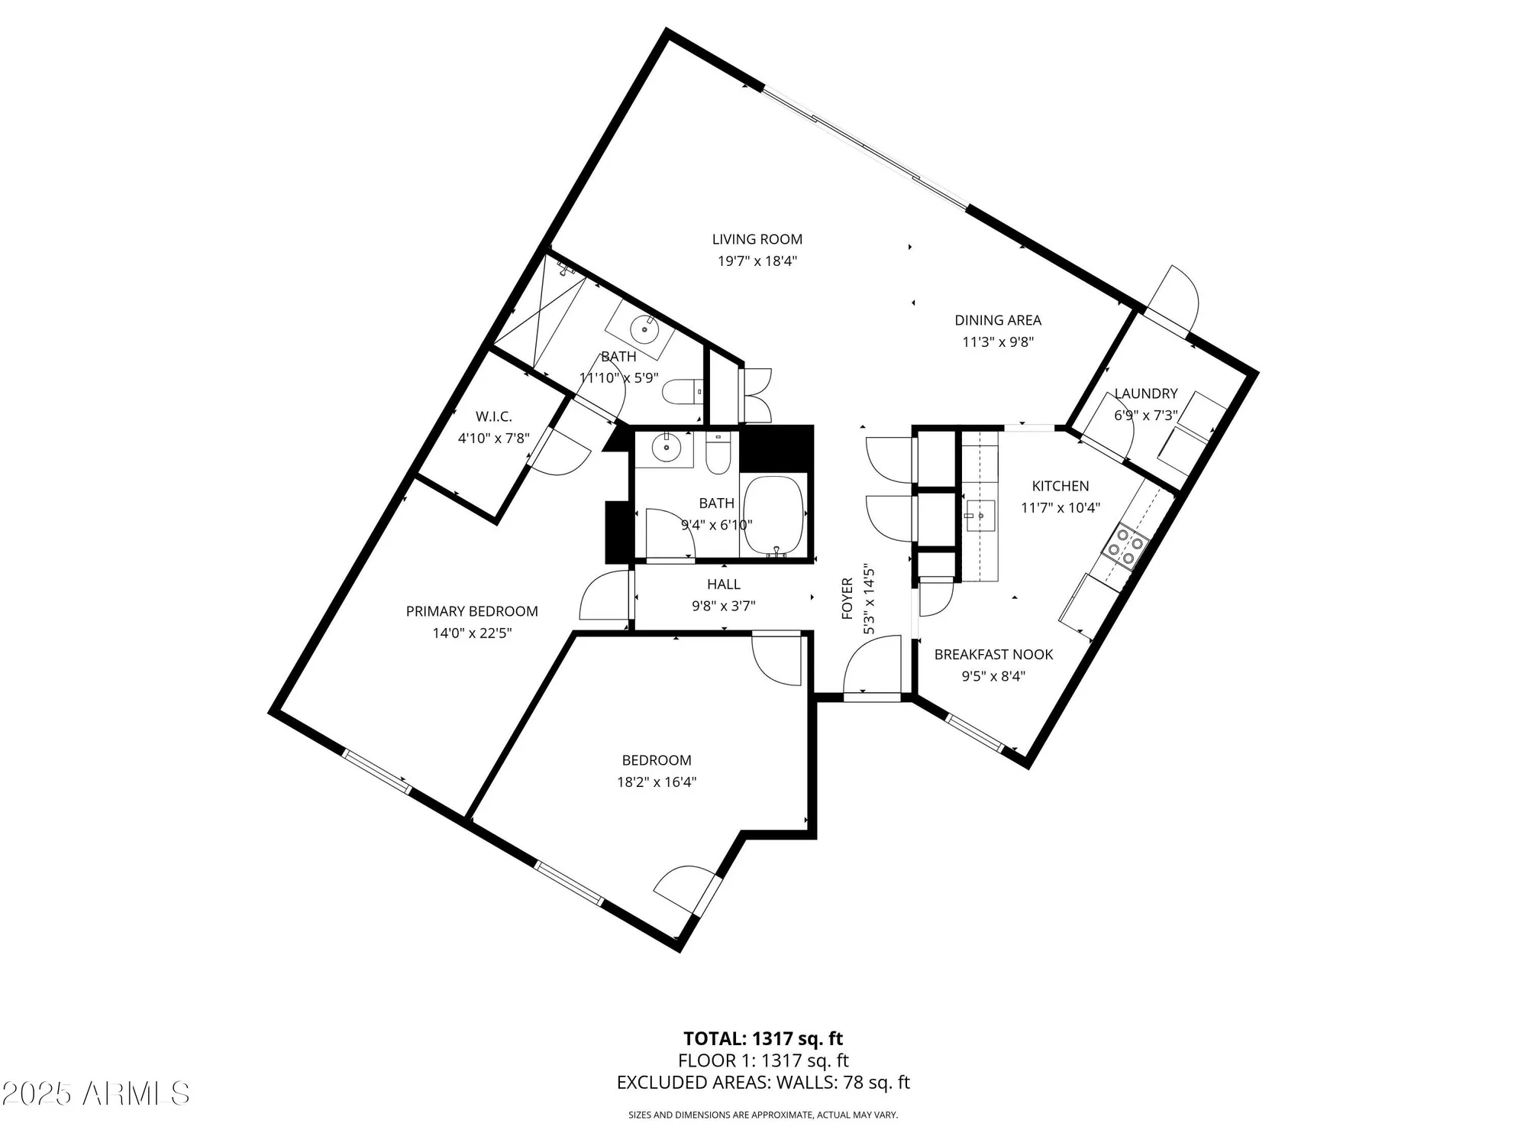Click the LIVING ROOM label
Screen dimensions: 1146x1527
point(757,239)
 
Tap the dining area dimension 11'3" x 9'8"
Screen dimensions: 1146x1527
point(997,342)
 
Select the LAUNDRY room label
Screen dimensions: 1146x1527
point(1145,393)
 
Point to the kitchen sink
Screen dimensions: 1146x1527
point(980,516)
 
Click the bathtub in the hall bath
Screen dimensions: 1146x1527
point(773,516)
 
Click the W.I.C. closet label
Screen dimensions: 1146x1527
point(493,416)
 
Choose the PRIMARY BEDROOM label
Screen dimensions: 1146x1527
point(472,611)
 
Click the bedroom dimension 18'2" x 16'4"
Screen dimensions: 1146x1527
point(657,782)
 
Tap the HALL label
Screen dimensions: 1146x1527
point(723,584)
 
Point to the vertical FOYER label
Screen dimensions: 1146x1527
point(847,599)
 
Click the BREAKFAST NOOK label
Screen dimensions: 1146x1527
point(993,655)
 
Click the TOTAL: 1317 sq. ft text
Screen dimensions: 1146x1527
point(763,1039)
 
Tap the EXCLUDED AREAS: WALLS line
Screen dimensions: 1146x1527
point(763,1083)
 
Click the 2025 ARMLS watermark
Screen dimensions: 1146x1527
point(95,1094)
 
